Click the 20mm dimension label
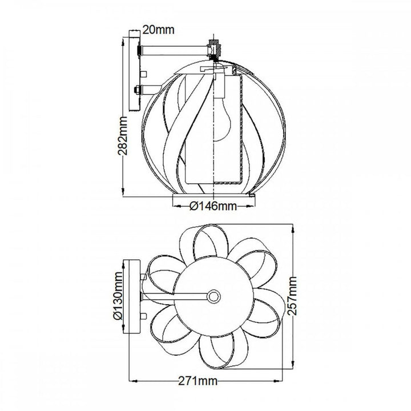coord(159,29)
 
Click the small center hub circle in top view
coord(214,296)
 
